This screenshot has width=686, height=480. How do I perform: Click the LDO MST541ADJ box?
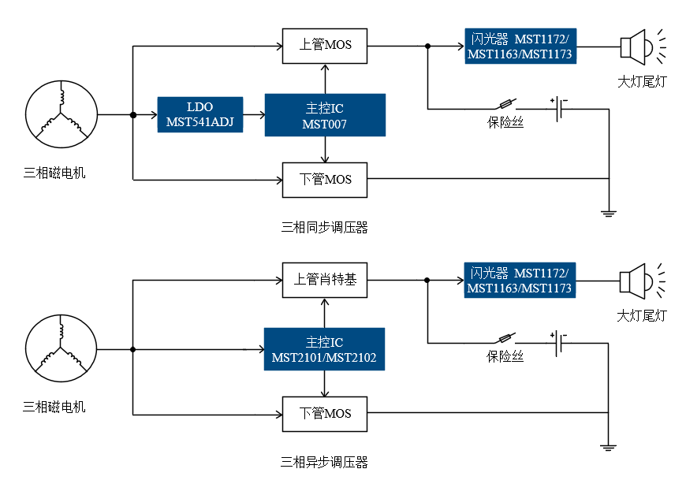pos(200,114)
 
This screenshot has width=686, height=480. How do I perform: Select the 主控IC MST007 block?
pos(325,115)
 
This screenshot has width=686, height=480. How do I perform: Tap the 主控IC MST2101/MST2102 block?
pos(324,349)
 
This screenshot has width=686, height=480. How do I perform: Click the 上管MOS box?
pos(325,46)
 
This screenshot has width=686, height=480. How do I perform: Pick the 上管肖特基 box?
pos(325,281)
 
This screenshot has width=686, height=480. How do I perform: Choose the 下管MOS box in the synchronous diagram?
pos(325,180)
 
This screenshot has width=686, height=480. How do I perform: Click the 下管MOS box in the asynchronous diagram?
pos(325,414)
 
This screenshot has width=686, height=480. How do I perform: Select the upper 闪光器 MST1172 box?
pos(520,46)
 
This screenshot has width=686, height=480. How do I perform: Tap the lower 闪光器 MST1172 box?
pos(520,281)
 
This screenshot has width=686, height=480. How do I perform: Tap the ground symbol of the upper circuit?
pos(609,214)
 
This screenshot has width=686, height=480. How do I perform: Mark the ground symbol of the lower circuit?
pos(608,448)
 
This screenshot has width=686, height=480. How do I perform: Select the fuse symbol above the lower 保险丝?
pos(506,338)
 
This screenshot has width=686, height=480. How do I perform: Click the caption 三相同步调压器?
pos(324,227)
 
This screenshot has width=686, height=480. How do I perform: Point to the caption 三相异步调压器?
pos(324,462)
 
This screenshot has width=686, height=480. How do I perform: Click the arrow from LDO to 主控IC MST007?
pos(254,115)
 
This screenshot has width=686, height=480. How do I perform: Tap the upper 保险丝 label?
pos(505,122)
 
